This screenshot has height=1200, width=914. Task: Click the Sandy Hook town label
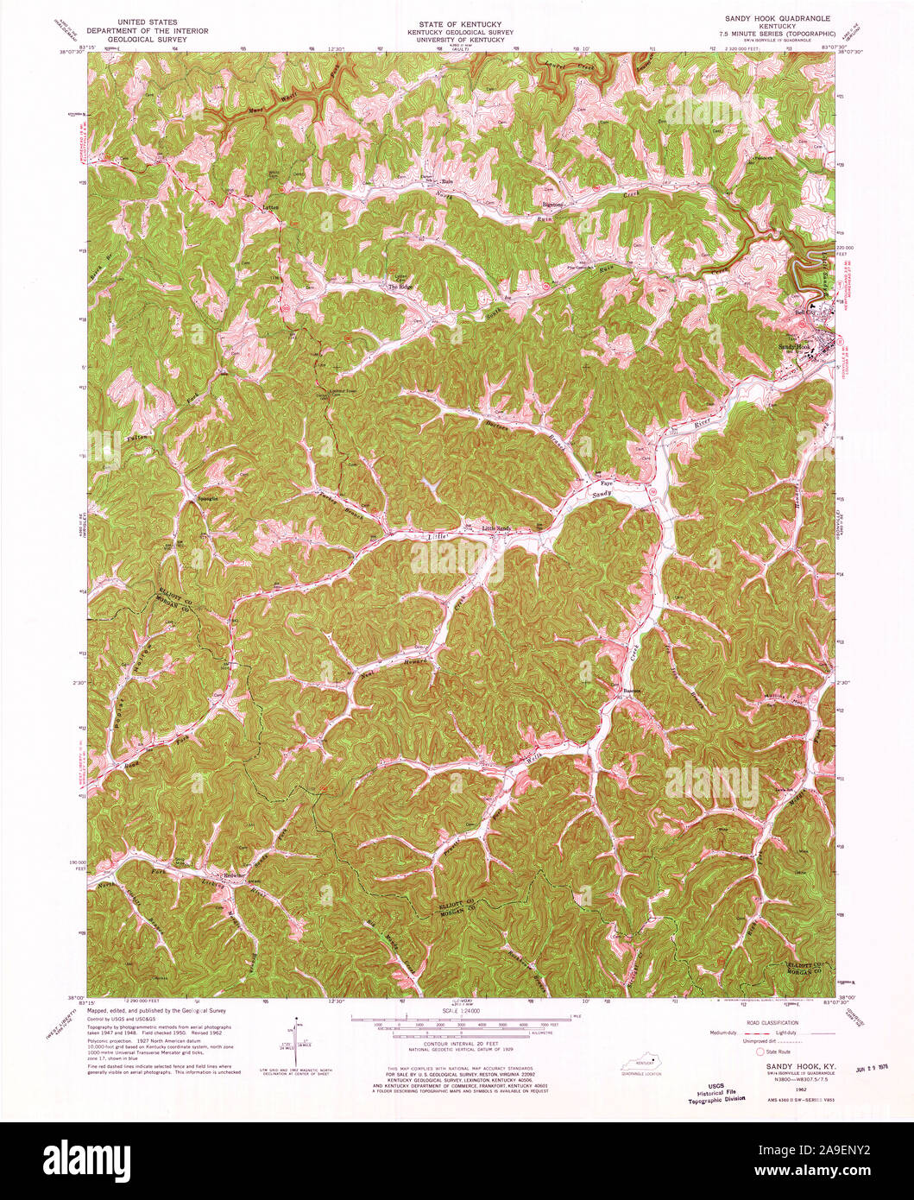click(x=795, y=346)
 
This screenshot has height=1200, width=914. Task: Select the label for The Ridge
click(x=400, y=287)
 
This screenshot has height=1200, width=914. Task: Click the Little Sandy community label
click(x=496, y=528)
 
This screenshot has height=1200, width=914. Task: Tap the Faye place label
click(x=606, y=483)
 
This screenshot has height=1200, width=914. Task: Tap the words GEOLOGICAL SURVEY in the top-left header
click(x=148, y=40)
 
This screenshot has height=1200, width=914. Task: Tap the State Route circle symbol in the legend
click(x=760, y=1052)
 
